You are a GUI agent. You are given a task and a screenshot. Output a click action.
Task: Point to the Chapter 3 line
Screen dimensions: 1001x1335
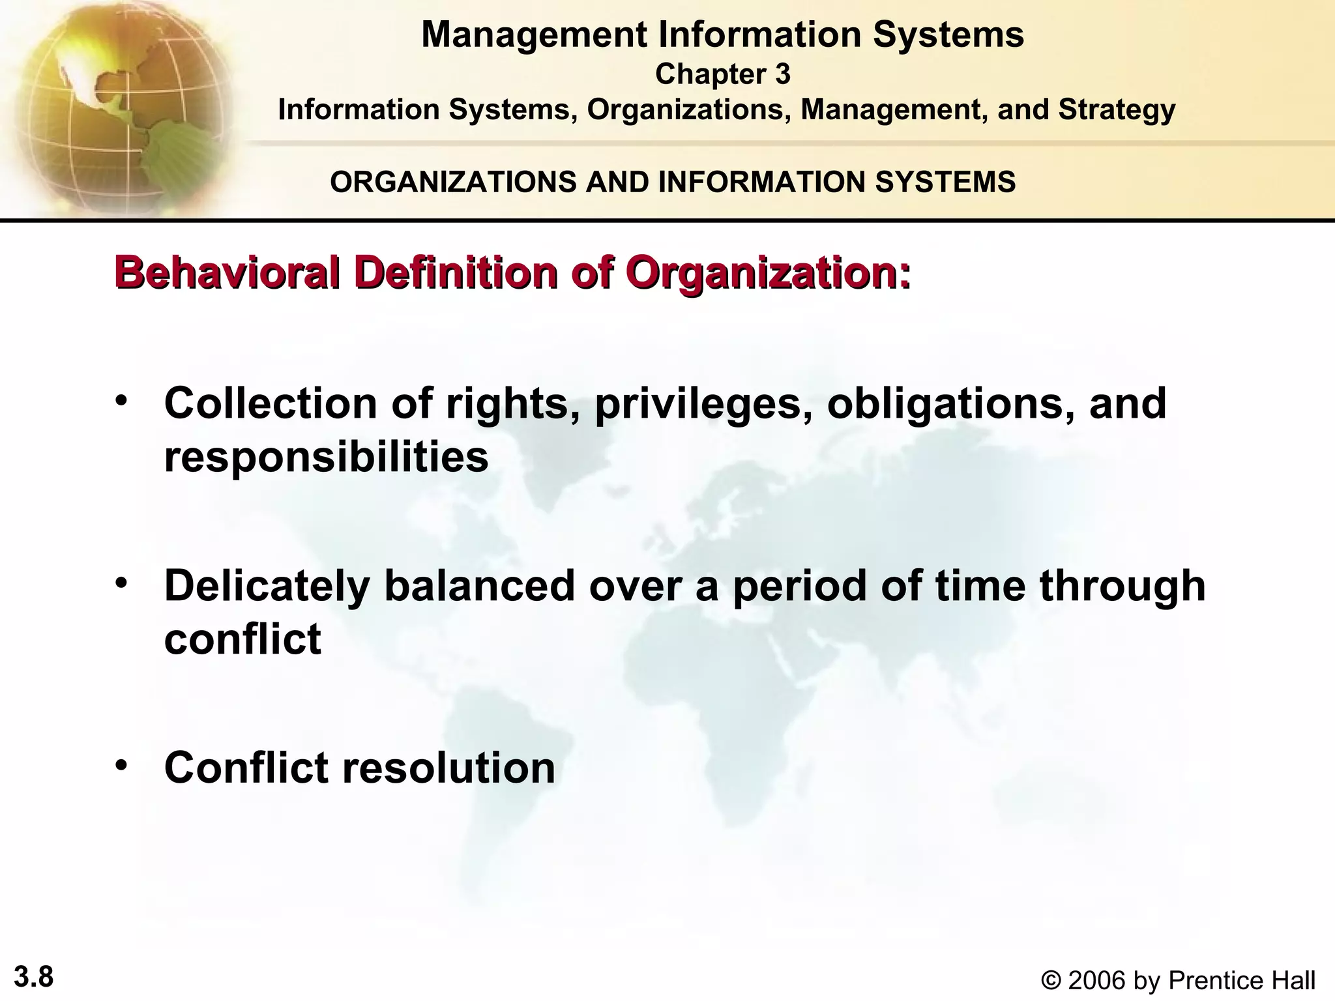pos(722,74)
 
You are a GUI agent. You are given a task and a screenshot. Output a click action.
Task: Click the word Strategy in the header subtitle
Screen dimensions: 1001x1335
pos(1117,109)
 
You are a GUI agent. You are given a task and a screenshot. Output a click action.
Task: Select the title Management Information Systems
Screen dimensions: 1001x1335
pos(722,35)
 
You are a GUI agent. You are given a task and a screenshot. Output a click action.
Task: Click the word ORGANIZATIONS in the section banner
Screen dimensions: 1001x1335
pos(453,182)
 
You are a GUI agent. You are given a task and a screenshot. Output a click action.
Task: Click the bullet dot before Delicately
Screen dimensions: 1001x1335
pos(121,582)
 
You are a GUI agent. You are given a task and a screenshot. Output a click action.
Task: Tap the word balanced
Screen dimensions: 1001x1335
pos(480,585)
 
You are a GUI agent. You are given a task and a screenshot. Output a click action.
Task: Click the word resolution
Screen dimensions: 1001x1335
pos(448,767)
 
